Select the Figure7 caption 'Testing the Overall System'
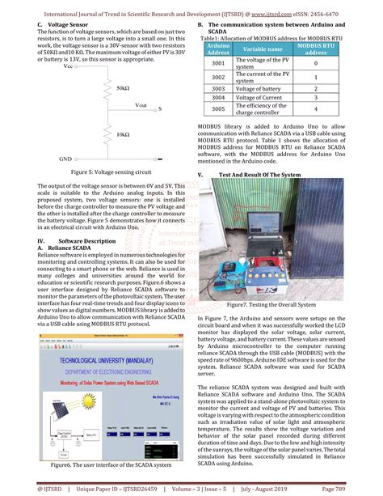coord(270,304)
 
